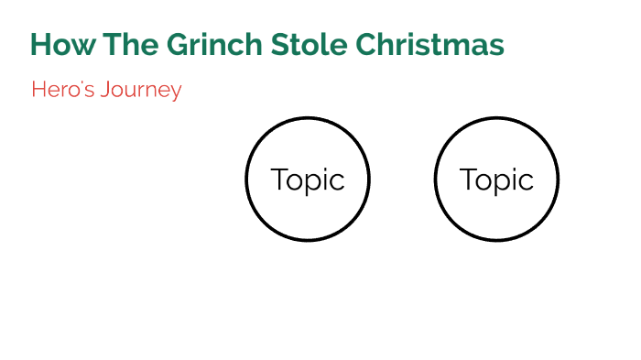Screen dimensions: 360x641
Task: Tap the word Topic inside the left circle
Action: click(308, 180)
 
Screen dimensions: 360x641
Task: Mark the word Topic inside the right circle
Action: click(496, 180)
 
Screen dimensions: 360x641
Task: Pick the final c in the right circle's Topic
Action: click(527, 181)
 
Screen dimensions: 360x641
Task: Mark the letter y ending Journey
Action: click(176, 93)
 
